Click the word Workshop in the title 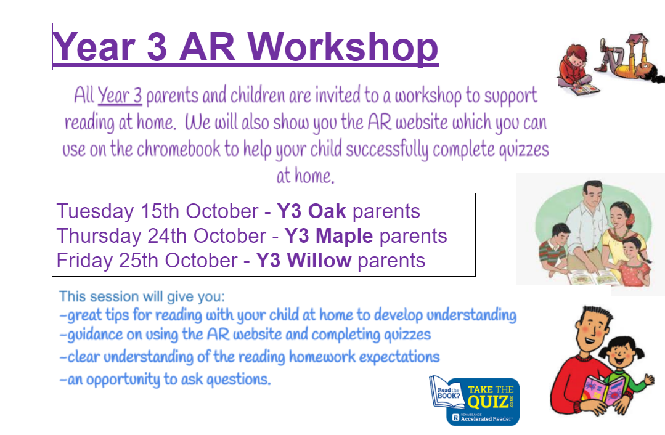tap(343, 47)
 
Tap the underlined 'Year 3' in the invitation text tap(120, 95)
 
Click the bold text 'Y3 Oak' tap(311, 211)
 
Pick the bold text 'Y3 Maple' tap(328, 236)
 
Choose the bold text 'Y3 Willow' tap(304, 260)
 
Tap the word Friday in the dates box tap(84, 261)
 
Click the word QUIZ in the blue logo tap(488, 401)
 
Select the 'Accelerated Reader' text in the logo tap(486, 419)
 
